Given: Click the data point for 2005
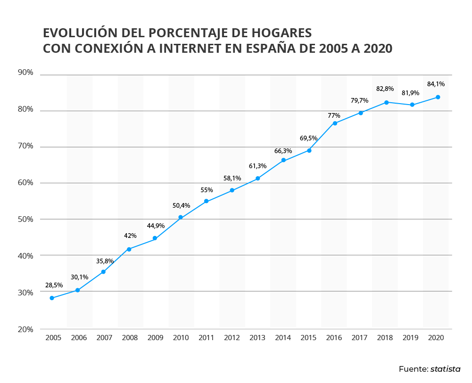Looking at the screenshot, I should tap(52, 298).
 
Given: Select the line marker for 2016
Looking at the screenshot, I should tap(335, 123).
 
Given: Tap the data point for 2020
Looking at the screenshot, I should tap(438, 97).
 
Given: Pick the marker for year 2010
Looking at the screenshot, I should tap(181, 217).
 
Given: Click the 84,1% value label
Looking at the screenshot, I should tap(436, 84).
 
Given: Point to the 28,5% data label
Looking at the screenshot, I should tap(54, 285).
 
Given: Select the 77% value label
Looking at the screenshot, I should tap(334, 115).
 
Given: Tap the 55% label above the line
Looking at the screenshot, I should tap(207, 190).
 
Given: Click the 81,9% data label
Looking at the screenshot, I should tap(410, 93).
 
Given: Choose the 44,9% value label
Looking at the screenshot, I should tap(156, 226).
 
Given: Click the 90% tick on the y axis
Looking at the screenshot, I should tap(25, 73).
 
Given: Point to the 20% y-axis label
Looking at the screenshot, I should tap(25, 329).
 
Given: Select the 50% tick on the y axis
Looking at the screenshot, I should tap(25, 219).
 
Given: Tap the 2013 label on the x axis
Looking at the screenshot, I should tap(257, 338).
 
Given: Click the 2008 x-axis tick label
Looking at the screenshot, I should tap(130, 338).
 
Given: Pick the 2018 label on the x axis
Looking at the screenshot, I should tap(385, 338).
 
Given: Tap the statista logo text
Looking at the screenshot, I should tap(445, 369).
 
